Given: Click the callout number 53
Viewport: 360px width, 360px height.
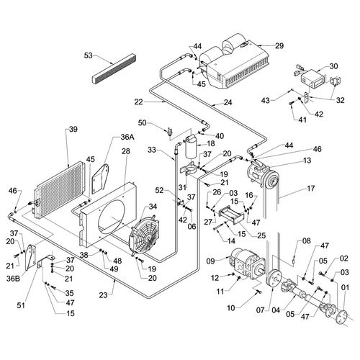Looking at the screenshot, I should (89, 55).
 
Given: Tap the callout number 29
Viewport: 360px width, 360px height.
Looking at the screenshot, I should (279, 45).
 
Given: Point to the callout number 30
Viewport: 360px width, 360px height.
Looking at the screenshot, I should (333, 66).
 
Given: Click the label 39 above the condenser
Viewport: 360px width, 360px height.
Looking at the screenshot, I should (72, 130).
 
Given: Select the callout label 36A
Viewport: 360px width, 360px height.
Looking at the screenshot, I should (127, 136).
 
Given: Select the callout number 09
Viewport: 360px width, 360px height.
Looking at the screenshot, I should (211, 261).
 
